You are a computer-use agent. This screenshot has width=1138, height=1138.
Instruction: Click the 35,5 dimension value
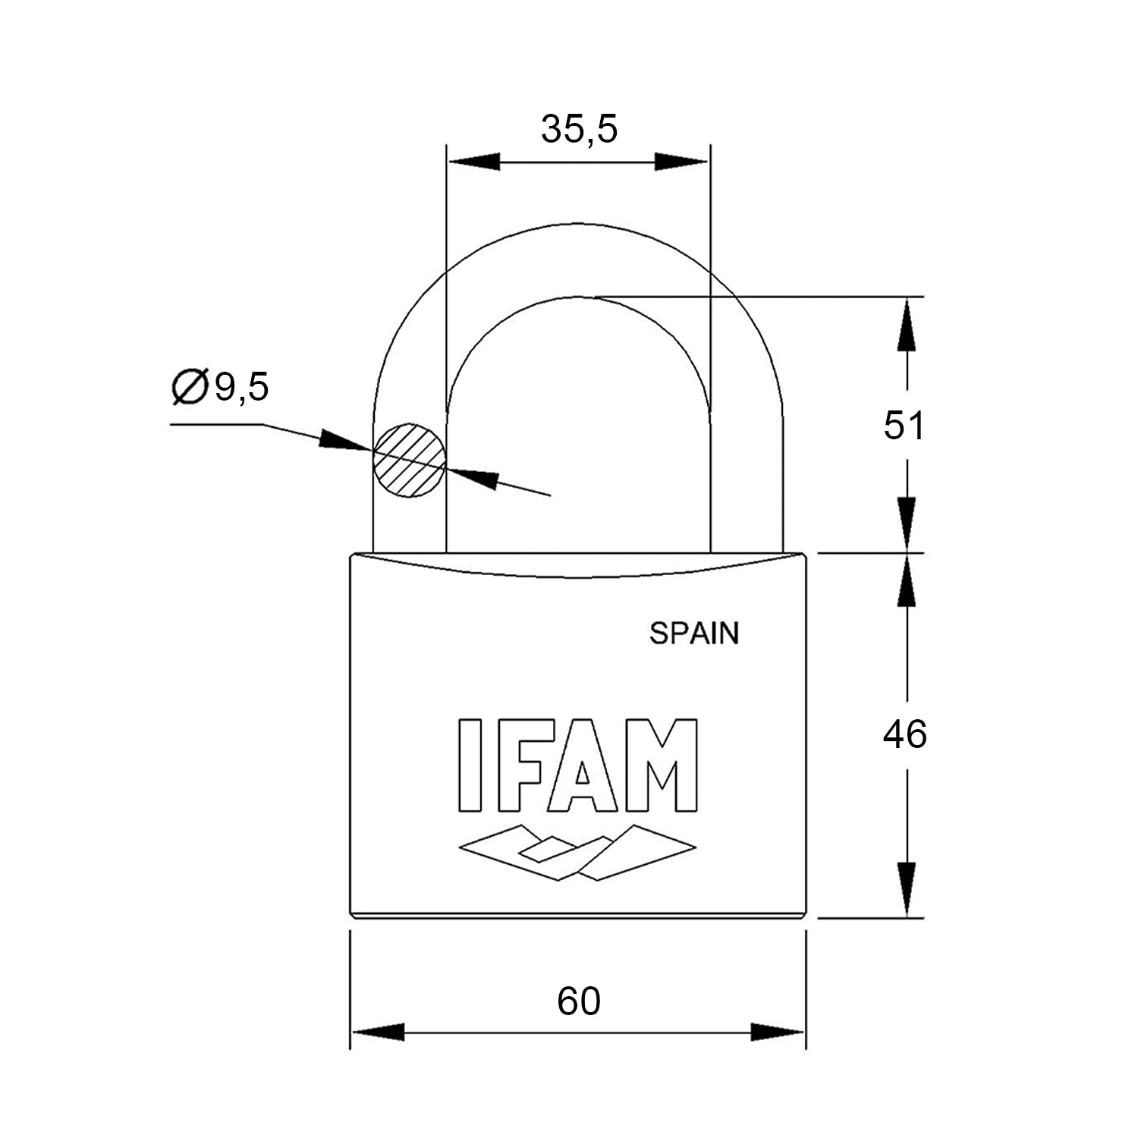click(x=579, y=129)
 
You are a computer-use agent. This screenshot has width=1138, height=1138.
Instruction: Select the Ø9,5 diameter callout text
click(x=221, y=387)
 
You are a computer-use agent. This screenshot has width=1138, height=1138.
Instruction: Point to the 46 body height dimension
click(x=904, y=734)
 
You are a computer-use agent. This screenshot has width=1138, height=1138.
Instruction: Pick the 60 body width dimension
click(x=579, y=1001)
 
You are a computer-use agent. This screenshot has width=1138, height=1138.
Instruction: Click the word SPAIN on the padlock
click(x=693, y=633)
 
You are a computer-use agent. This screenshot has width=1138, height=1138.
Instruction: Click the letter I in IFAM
click(x=470, y=765)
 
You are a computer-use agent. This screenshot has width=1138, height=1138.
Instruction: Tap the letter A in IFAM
click(x=583, y=765)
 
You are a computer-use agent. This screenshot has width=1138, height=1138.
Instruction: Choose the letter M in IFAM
click(x=659, y=765)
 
